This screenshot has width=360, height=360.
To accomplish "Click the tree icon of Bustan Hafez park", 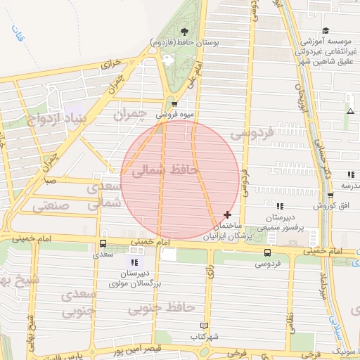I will tap(184, 32).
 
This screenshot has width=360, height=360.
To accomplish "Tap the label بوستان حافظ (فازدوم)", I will tap(184, 43).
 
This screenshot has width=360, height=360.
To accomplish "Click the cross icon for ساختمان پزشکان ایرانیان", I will tap(227, 214).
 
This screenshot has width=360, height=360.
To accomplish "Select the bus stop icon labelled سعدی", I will tap(103, 244).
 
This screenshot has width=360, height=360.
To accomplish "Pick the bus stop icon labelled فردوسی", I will tap(266, 253).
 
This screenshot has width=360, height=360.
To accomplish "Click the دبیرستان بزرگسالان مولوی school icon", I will tap(134, 263).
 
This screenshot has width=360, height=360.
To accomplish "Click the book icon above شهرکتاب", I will tap(204, 326).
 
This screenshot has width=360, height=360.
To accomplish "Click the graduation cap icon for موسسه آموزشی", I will tap(326, 31).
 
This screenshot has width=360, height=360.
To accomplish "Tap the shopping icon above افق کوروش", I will tap(331, 195).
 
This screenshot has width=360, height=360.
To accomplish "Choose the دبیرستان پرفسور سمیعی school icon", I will tap(280, 206).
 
